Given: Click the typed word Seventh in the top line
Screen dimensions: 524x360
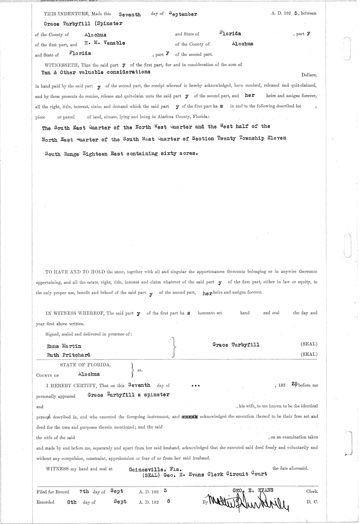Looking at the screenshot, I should (130, 14).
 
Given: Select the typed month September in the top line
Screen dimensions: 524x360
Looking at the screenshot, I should (183, 14).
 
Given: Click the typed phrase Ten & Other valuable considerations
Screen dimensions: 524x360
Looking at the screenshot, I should (96, 72).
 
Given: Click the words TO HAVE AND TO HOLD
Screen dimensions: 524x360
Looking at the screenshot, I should (75, 272).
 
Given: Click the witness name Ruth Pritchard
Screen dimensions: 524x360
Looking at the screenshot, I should (69, 355).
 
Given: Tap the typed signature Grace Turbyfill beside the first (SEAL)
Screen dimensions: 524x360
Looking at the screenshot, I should (236, 345).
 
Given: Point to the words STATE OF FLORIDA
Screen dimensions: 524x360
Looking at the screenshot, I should (85, 365).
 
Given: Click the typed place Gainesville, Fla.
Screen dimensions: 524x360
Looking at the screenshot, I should (154, 469).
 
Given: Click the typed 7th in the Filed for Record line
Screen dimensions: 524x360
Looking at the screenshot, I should (84, 492).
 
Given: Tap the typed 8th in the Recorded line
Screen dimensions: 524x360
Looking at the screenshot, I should (72, 502).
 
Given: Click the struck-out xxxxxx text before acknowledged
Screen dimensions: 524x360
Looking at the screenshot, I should (190, 416).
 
